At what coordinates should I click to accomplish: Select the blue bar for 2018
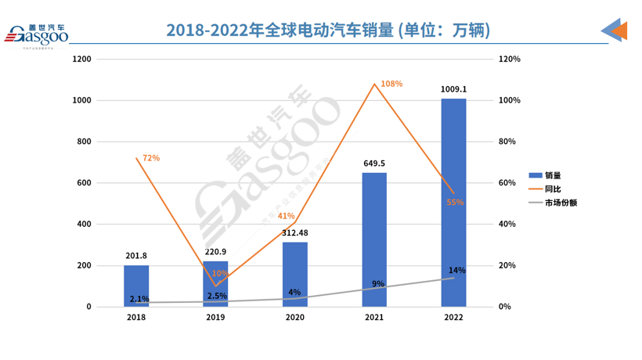tap(136, 286)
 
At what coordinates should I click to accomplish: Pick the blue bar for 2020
tap(295, 274)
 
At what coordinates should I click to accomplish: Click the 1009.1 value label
tap(453, 89)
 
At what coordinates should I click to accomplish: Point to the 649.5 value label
tap(374, 164)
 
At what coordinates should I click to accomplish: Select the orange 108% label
tap(391, 84)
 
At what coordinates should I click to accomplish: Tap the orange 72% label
tap(151, 158)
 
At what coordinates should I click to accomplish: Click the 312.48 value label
tap(295, 232)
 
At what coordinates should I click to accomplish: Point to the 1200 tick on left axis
tap(81, 59)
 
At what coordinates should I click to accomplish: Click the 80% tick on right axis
tap(508, 142)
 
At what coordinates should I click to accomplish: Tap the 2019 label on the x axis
tap(215, 318)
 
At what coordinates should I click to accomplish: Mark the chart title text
tap(328, 31)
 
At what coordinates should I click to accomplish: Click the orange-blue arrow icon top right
tap(615, 30)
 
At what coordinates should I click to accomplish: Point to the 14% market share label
tap(457, 270)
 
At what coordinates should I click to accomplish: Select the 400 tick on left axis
tap(84, 225)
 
